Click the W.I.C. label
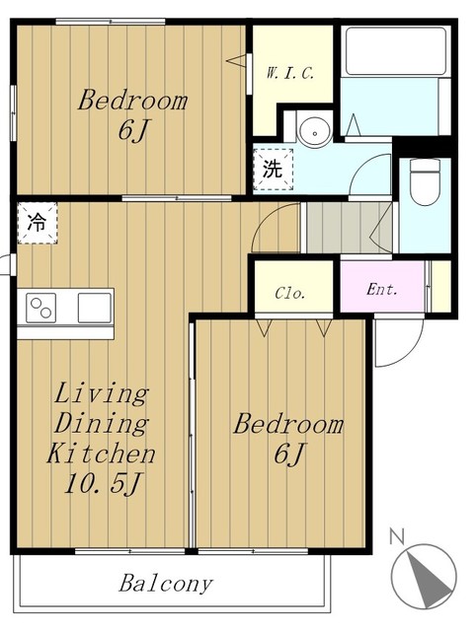point(289,73)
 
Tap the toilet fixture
point(425,182)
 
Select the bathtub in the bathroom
point(396,51)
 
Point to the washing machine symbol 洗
point(273,169)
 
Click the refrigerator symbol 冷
point(38,223)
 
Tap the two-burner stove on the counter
point(41,308)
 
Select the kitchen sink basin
point(95,308)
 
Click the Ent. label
point(381,289)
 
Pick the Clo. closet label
point(289,293)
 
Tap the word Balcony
point(166,584)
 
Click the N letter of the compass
point(397,536)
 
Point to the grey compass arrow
point(429,580)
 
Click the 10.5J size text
point(102,483)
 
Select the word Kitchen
point(101,454)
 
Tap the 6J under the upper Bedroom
point(133,130)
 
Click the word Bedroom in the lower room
point(288,425)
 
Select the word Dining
point(101,423)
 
